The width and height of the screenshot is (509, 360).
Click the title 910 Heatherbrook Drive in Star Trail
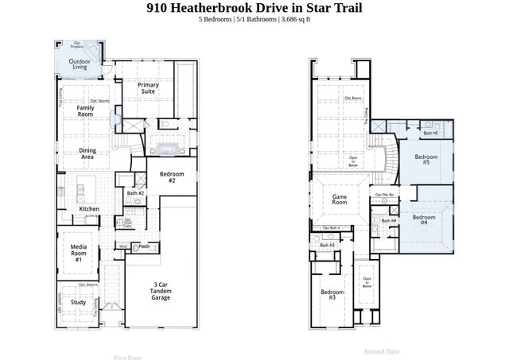click(x=254, y=8)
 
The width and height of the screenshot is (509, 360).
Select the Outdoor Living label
click(x=78, y=64)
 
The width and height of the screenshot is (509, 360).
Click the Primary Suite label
click(x=148, y=87)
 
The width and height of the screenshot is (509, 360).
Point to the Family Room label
click(x=84, y=110)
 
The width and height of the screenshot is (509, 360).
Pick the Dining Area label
click(x=87, y=154)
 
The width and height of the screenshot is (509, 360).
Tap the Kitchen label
click(x=89, y=209)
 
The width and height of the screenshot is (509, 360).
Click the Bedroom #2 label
click(x=172, y=176)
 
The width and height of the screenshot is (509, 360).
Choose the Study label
click(x=78, y=302)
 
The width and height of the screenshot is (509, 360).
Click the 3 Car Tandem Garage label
click(x=161, y=291)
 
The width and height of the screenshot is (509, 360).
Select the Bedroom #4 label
click(x=423, y=220)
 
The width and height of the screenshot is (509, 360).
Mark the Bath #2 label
click(x=135, y=193)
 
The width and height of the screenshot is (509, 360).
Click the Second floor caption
click(x=382, y=351)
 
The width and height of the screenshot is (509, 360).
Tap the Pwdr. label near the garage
click(x=144, y=246)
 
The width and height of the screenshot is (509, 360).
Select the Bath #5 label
click(x=430, y=133)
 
